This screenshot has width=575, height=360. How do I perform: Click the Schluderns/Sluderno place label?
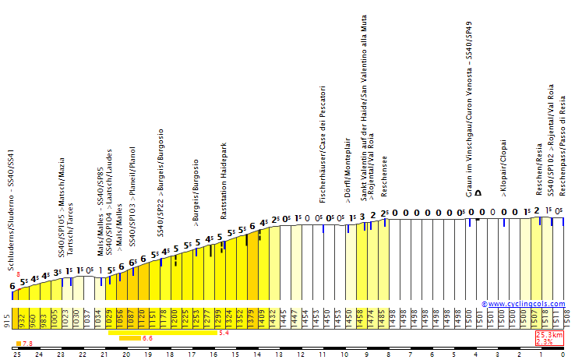point(12,210)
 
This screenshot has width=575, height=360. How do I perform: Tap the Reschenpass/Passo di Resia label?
point(561,142)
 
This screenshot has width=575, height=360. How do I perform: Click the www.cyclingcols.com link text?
point(527,304)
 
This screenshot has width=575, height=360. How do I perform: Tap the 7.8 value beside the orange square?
point(27,344)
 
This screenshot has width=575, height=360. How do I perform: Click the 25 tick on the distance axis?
point(16,355)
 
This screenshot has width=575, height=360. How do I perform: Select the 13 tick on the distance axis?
point(278,355)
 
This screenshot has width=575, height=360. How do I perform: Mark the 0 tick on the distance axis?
point(563,355)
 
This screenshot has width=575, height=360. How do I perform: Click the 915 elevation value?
point(6,320)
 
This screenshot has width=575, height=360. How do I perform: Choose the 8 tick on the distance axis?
point(388,355)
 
